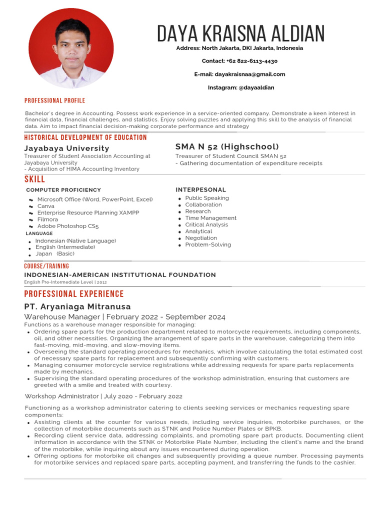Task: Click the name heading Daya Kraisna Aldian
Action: [240, 33]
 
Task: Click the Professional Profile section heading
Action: [55, 100]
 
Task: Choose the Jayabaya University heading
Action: [66, 148]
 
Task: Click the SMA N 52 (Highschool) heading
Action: [227, 146]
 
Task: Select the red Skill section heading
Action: [34, 179]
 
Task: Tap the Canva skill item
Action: [46, 206]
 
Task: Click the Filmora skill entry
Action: [47, 219]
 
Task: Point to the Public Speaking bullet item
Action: [207, 198]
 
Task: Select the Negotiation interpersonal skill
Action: [201, 238]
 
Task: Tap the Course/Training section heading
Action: [47, 266]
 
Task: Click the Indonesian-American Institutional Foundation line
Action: [120, 275]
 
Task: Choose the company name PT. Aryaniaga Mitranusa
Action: [77, 306]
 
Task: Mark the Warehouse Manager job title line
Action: [125, 317]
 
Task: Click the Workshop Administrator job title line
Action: [103, 396]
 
